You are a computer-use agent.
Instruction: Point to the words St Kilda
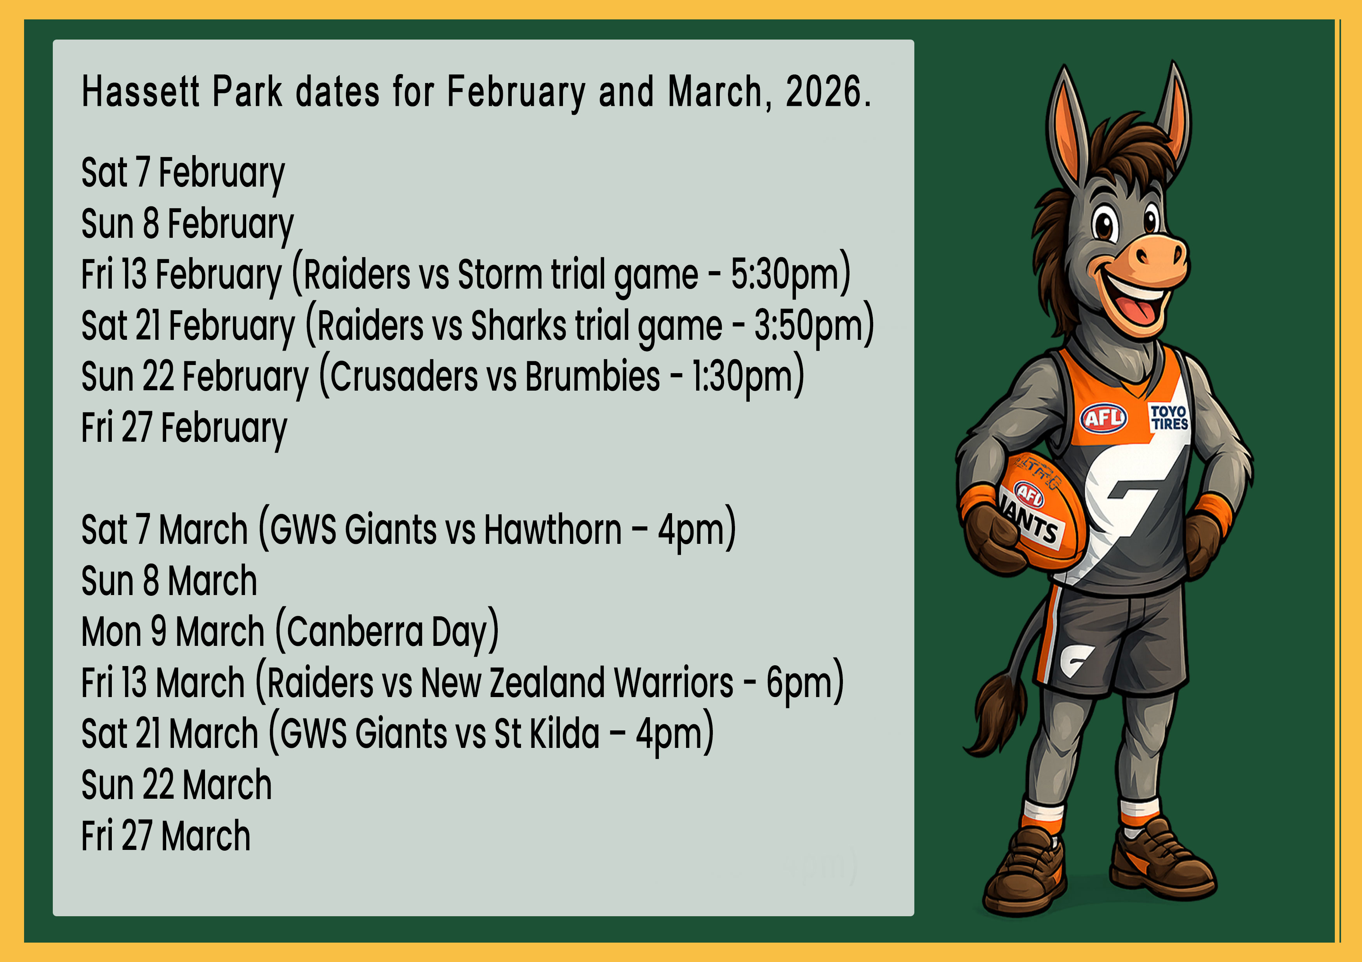click(x=546, y=734)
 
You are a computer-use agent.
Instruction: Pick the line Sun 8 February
click(x=187, y=224)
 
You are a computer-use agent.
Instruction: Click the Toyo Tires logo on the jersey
click(x=1169, y=417)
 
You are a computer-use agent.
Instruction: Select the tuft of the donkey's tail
click(x=997, y=717)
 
